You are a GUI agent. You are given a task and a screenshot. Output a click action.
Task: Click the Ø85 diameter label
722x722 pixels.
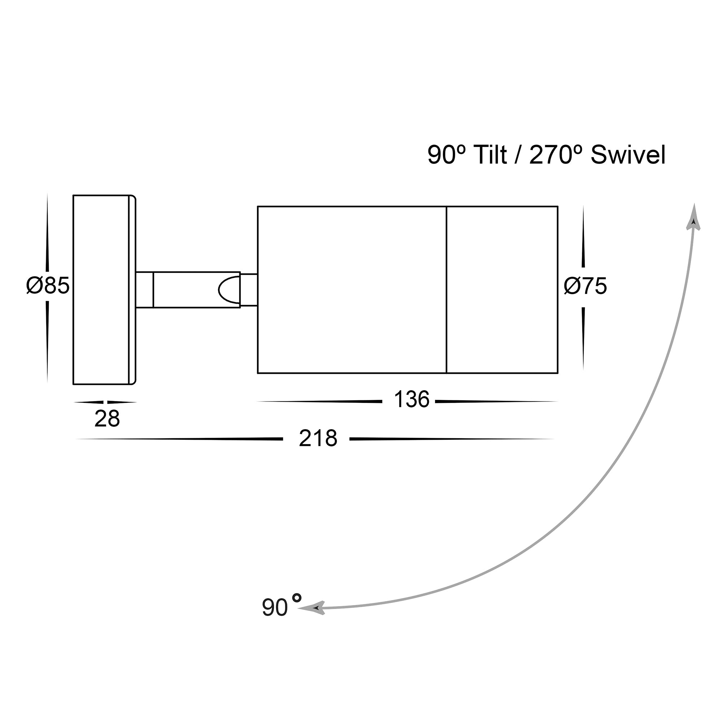click(48, 286)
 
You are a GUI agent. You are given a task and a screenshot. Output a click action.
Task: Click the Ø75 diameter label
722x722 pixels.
click(585, 286)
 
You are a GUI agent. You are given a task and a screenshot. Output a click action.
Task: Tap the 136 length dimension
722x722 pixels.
click(412, 400)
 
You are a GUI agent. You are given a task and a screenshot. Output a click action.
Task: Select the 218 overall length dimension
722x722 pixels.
click(318, 438)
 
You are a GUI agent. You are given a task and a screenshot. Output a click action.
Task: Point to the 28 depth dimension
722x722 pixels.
click(107, 419)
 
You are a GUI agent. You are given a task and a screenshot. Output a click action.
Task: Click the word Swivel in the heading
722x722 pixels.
click(628, 155)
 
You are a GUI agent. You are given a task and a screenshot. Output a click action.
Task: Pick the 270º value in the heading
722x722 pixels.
click(551, 155)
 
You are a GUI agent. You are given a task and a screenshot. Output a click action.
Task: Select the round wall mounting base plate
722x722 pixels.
click(104, 290)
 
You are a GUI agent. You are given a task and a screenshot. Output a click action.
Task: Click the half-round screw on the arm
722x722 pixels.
click(229, 290)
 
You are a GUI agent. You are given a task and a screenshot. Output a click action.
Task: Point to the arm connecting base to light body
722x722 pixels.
click(188, 290)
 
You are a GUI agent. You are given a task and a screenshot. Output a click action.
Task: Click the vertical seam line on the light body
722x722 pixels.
click(446, 290)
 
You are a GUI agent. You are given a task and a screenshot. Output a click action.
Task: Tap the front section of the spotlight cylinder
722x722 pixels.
click(502, 290)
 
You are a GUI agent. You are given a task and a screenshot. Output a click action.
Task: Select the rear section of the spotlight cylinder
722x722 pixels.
click(352, 290)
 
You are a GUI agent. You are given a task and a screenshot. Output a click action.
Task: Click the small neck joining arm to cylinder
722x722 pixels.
click(248, 290)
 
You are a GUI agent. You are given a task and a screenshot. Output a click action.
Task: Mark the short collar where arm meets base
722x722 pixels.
click(145, 290)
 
